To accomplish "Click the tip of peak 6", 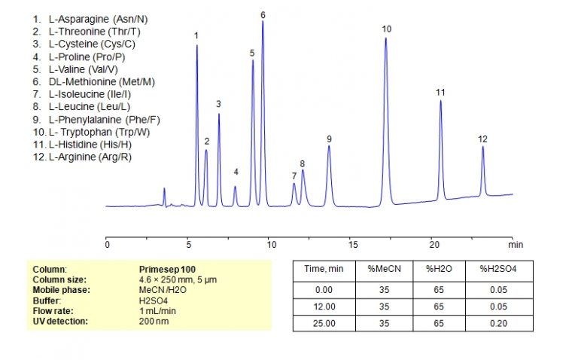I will [263, 22].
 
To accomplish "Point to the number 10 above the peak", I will [386, 29].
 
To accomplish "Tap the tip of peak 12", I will [482, 147].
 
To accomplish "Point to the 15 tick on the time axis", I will [351, 245].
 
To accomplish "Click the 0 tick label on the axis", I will [108, 245].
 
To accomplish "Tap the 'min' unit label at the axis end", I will [515, 245].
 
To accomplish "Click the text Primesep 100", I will [167, 268].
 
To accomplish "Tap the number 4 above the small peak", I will [236, 172].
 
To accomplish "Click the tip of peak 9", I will [329, 147].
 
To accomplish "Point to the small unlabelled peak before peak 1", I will [165, 189].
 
